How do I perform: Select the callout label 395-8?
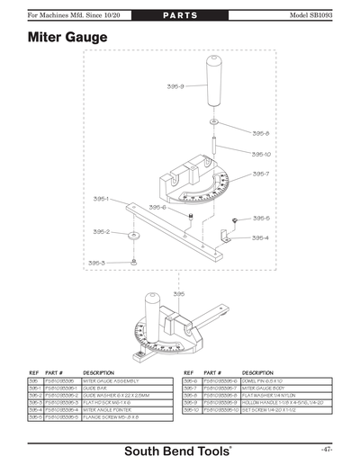260,132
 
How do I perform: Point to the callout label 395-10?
262,154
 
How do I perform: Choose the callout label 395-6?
157,207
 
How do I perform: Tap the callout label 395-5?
260,218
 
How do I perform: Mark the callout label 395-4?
260,237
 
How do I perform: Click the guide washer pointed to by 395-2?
133,236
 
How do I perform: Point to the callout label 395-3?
96,263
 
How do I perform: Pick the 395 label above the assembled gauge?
178,293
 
